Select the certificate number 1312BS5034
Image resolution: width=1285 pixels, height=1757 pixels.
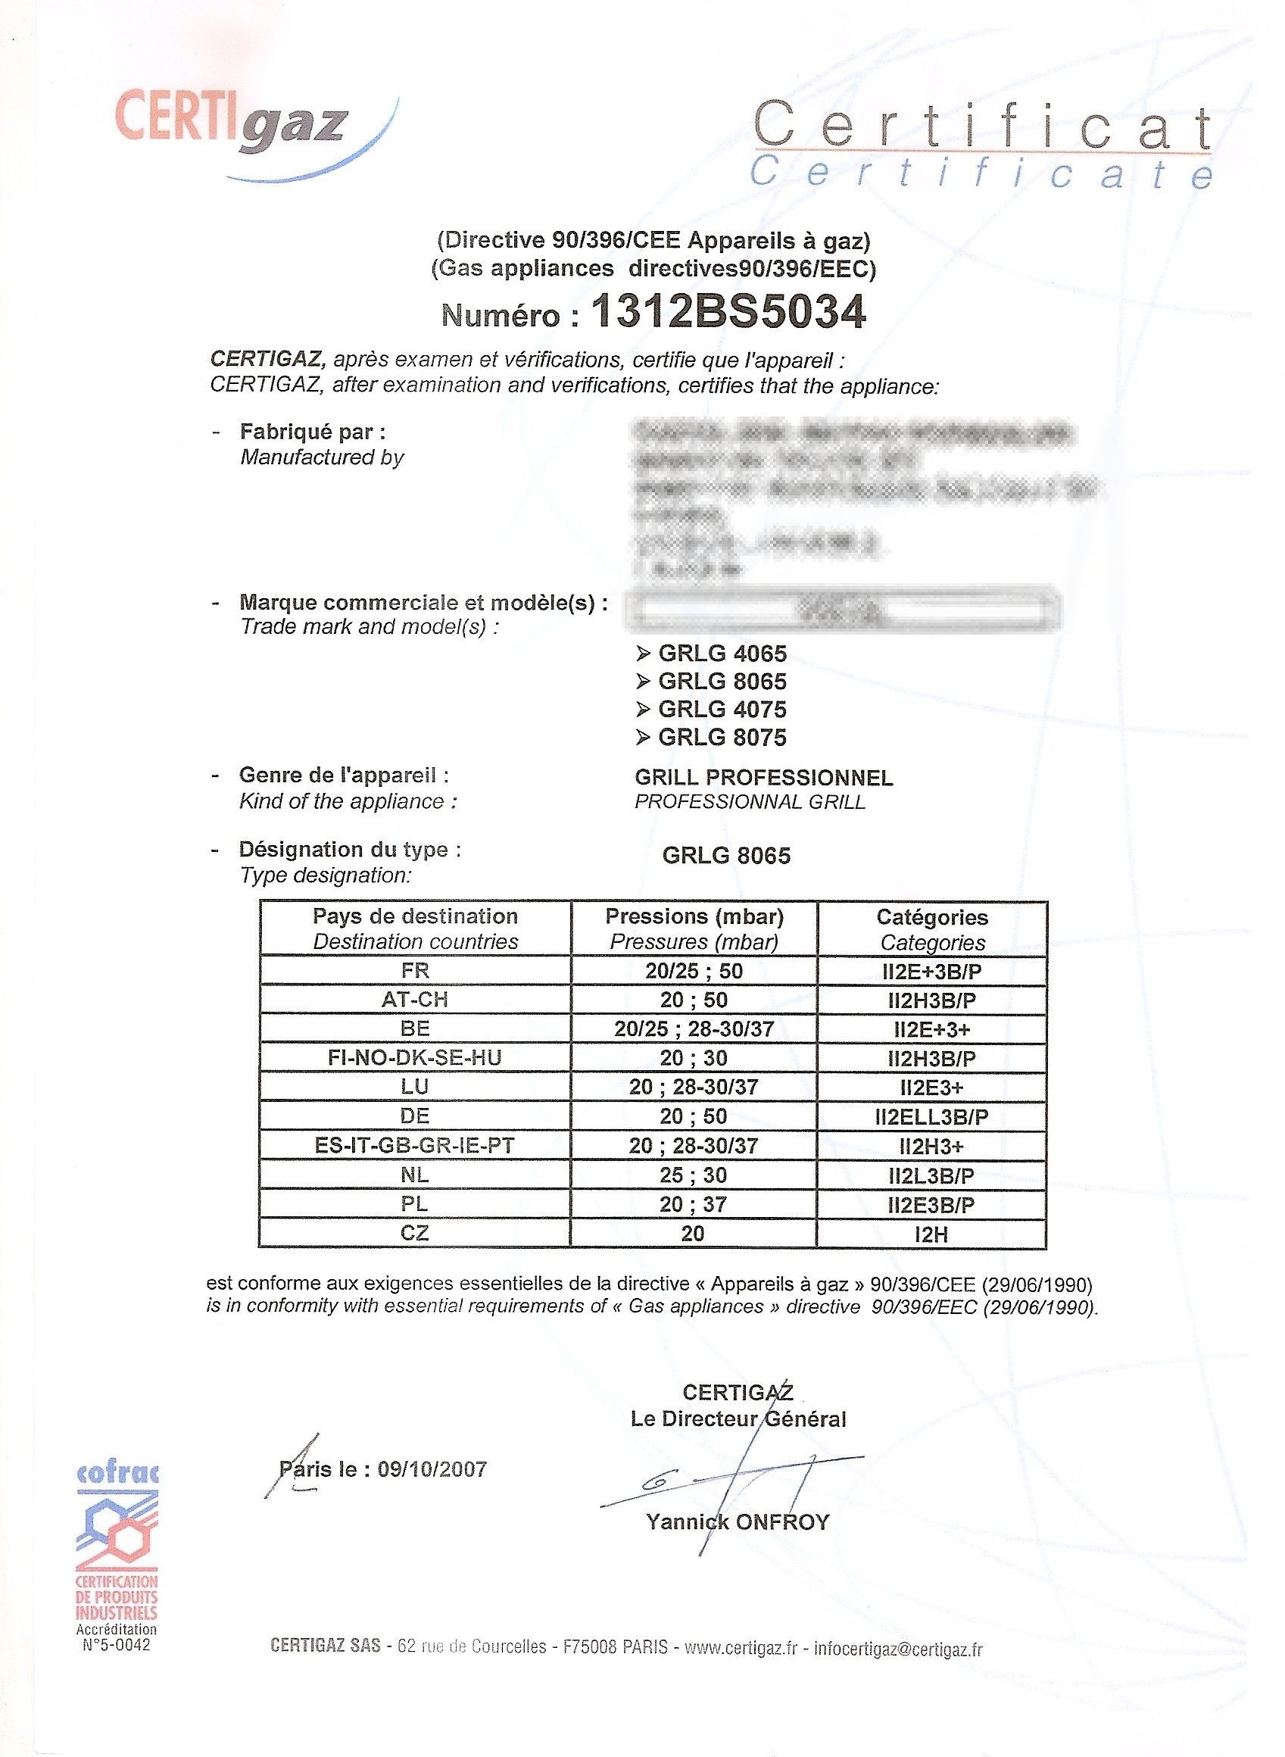pos(729,314)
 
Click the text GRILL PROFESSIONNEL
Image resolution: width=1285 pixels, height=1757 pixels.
pos(763,777)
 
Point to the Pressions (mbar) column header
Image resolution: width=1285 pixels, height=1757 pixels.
pos(694,917)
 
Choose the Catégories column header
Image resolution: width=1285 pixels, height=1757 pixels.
pos(932,917)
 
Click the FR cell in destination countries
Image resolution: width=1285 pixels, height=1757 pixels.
pos(416,971)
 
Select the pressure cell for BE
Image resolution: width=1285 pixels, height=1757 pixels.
pos(694,1029)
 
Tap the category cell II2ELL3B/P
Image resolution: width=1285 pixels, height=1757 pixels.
pos(932,1117)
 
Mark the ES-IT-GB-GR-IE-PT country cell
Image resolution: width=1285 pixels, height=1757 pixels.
pos(416,1146)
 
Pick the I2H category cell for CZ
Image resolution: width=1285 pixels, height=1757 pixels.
pos(932,1234)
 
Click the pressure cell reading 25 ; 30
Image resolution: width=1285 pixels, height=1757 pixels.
pos(694,1175)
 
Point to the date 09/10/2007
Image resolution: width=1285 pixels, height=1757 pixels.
pos(432,1469)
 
